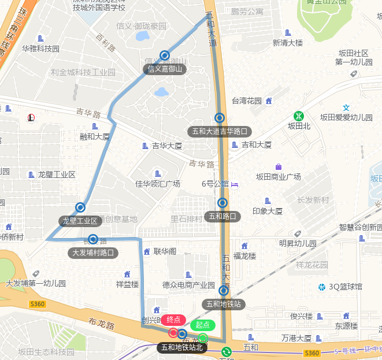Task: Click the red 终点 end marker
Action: (173, 320)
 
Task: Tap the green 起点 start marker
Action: (202, 325)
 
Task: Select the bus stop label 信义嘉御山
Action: (165, 69)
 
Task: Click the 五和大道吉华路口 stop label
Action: (220, 131)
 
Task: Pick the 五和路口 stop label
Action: (223, 217)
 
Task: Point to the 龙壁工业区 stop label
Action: (80, 221)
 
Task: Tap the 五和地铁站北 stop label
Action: (182, 347)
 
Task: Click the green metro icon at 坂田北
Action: (299, 116)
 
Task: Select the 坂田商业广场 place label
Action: (279, 177)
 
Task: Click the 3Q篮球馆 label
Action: (346, 287)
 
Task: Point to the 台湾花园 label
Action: (247, 101)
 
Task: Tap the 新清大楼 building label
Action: (288, 43)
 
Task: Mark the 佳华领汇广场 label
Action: (158, 184)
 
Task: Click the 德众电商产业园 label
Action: (189, 284)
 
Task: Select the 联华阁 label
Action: (165, 251)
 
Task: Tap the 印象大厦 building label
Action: (268, 211)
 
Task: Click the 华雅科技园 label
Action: (40, 49)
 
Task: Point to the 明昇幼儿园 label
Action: (298, 243)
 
